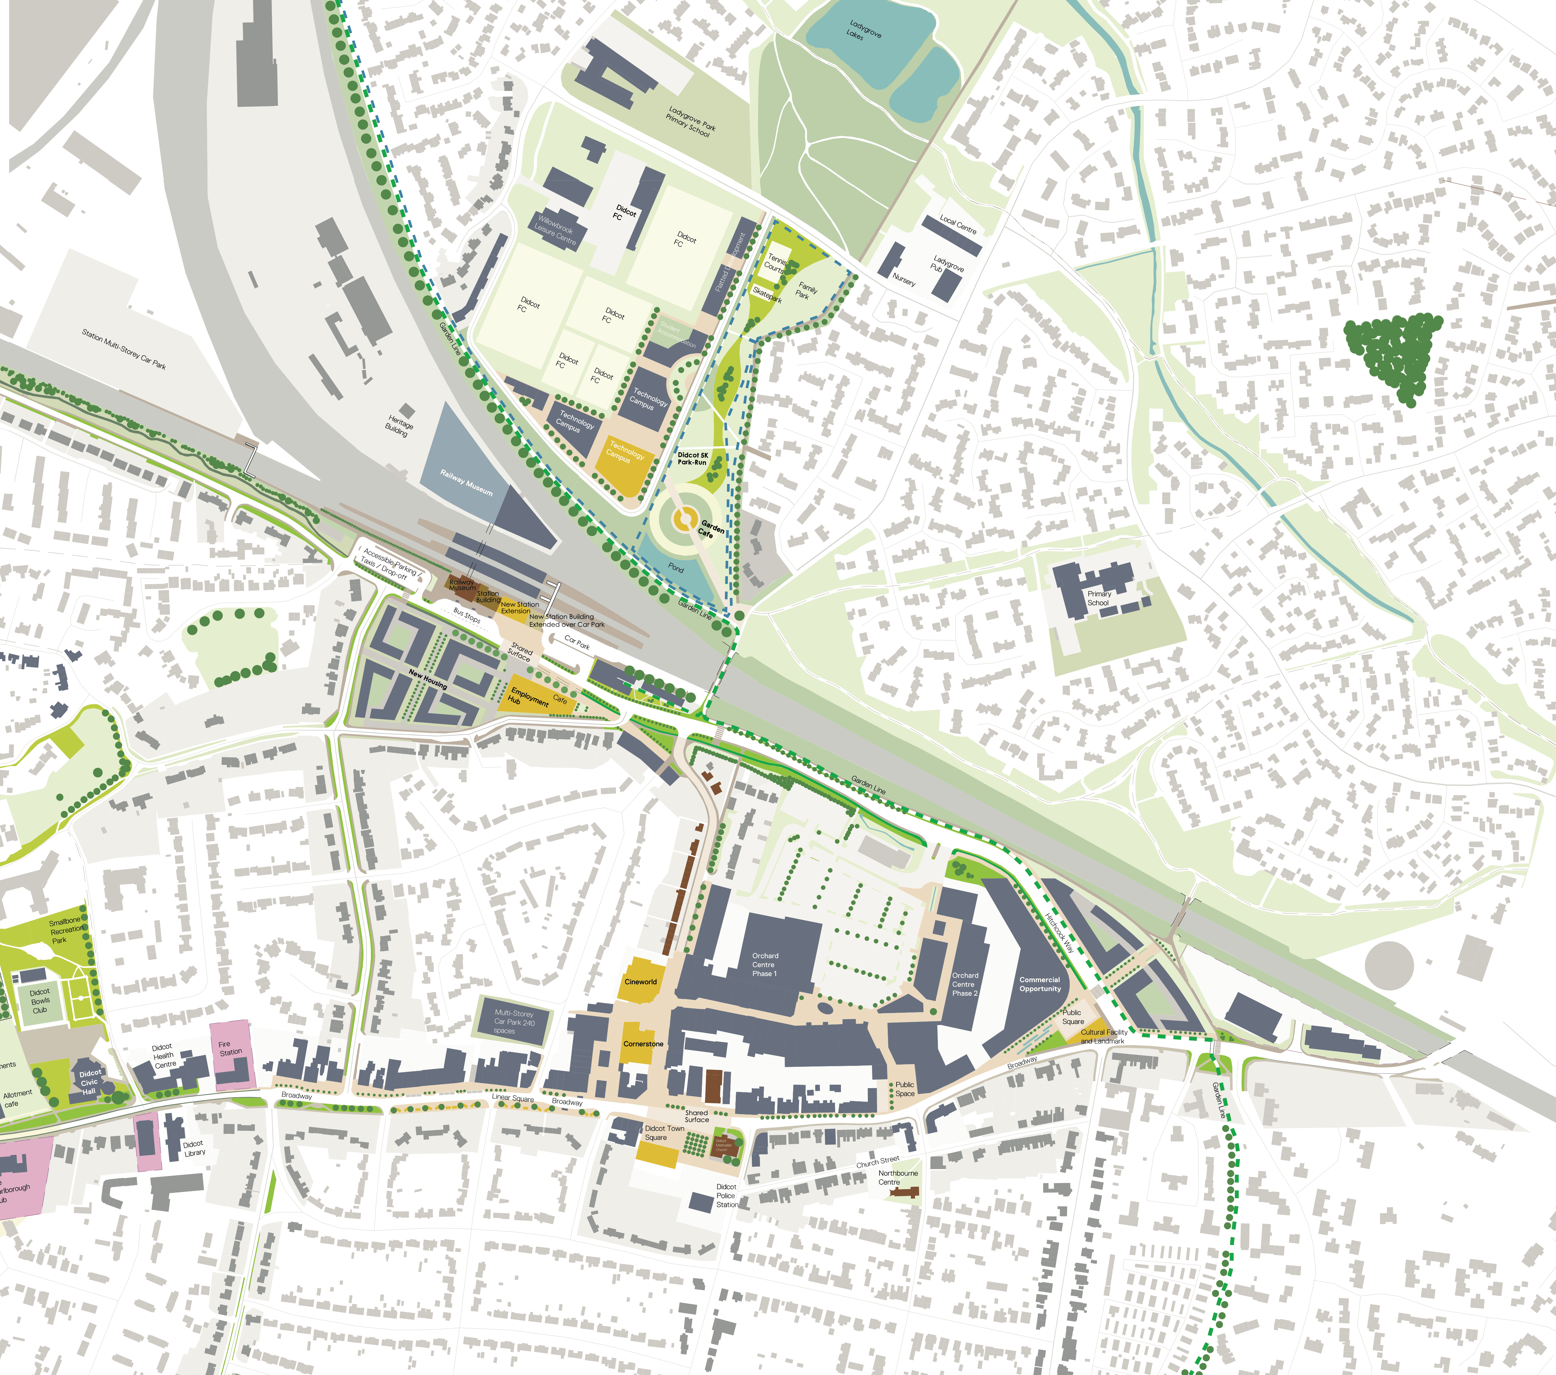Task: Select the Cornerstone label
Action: click(x=643, y=1044)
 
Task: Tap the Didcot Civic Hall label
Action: click(x=90, y=1082)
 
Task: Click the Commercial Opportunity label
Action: click(x=1040, y=984)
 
